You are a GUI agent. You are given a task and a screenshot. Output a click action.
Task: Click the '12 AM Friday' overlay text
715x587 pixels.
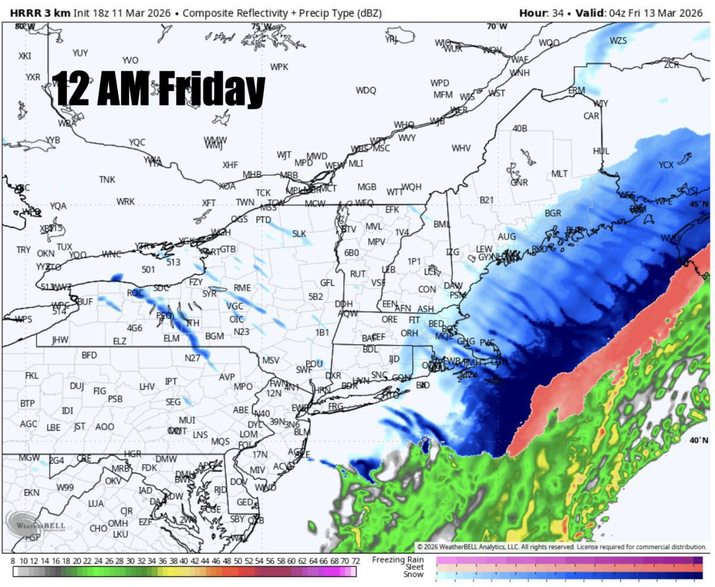pyautogui.click(x=158, y=89)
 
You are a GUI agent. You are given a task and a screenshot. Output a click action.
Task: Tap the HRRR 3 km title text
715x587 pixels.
pyautogui.click(x=40, y=13)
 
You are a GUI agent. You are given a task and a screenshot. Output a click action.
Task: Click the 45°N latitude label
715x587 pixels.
pyautogui.click(x=699, y=204)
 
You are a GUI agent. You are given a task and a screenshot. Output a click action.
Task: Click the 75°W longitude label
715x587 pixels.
pyautogui.click(x=260, y=27)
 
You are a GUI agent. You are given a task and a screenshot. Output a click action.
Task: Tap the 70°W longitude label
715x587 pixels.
pyautogui.click(x=496, y=26)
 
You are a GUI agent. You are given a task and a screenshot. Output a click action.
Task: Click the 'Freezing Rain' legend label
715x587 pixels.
pyautogui.click(x=397, y=560)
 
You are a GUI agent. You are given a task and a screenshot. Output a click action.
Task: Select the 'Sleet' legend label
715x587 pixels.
pyautogui.click(x=414, y=567)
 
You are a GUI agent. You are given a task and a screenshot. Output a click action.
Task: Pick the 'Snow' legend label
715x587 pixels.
pyautogui.click(x=414, y=574)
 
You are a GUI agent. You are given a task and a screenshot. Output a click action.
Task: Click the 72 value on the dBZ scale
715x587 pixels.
pyautogui.click(x=355, y=561)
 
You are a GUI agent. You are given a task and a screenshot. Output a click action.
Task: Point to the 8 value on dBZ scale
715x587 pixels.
pyautogui.click(x=13, y=561)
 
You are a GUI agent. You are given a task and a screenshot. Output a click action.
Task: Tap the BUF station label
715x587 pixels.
pyautogui.click(x=85, y=302)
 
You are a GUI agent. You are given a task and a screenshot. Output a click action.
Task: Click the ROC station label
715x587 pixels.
pyautogui.click(x=135, y=293)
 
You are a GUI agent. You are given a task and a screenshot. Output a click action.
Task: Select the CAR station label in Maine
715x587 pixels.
pyautogui.click(x=591, y=116)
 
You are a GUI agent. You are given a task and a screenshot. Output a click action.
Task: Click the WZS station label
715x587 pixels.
pyautogui.click(x=618, y=41)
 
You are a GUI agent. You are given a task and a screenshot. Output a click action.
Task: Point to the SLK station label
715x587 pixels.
pyautogui.click(x=299, y=234)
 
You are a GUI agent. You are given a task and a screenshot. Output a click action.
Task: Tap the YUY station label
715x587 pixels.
pyautogui.click(x=80, y=53)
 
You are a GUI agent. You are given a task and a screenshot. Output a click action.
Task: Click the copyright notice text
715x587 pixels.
pyautogui.click(x=561, y=546)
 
